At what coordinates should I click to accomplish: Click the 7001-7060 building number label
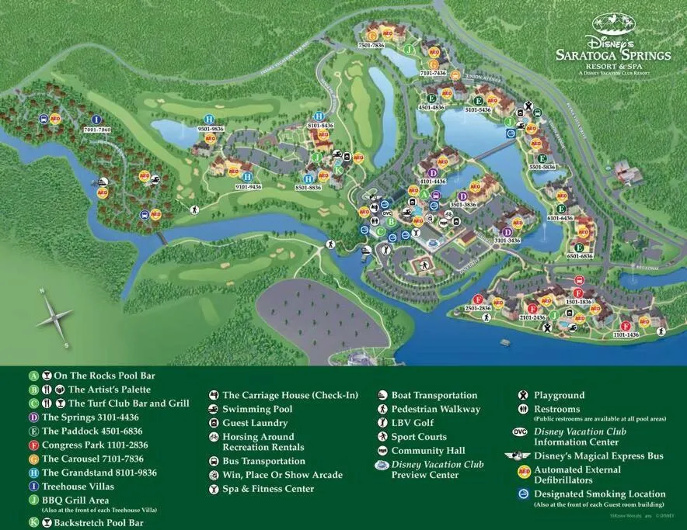(96, 130)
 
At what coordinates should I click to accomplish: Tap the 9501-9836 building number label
(210, 129)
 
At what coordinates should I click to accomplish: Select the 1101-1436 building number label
(626, 334)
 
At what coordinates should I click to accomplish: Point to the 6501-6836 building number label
(580, 256)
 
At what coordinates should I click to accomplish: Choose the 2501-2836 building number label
(478, 308)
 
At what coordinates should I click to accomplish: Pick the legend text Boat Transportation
(434, 395)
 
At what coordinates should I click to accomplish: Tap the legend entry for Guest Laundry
(255, 423)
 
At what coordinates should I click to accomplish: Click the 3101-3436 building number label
(507, 241)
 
